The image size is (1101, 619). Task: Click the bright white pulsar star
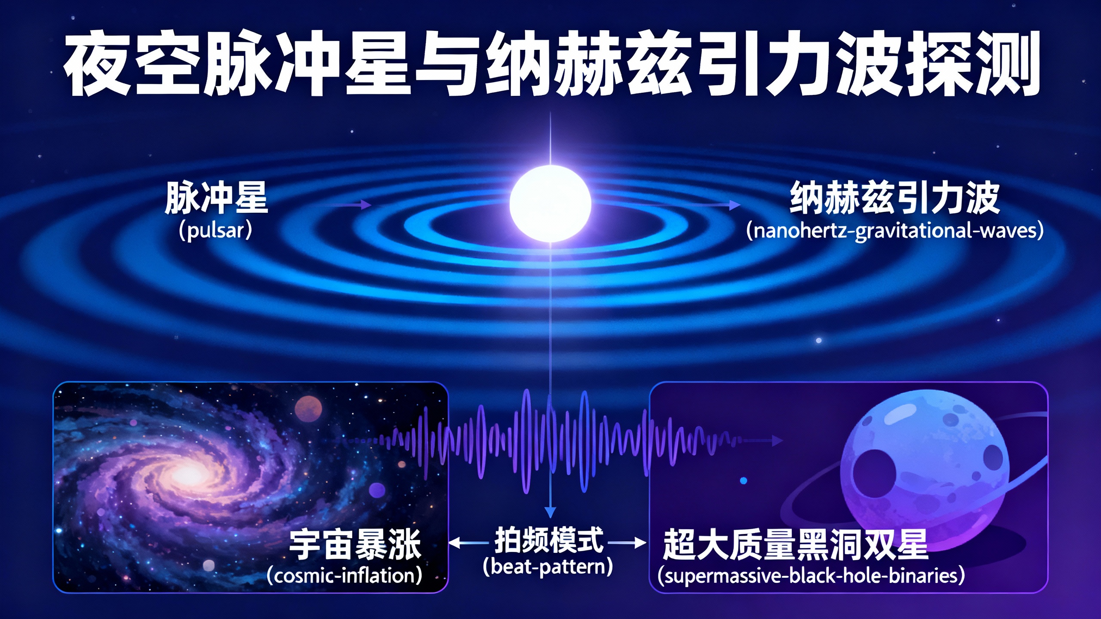[x=550, y=204]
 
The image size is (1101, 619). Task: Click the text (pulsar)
[x=215, y=231]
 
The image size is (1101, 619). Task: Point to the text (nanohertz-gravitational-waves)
[x=895, y=231]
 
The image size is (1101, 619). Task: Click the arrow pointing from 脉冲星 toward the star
[x=348, y=205]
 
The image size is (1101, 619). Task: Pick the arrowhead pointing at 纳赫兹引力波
[x=735, y=205]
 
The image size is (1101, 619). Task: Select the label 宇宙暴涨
[x=355, y=545]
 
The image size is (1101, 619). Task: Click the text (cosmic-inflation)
[x=344, y=576]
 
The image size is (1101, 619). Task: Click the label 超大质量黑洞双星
[x=796, y=545]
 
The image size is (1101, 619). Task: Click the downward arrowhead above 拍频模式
[x=550, y=512]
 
